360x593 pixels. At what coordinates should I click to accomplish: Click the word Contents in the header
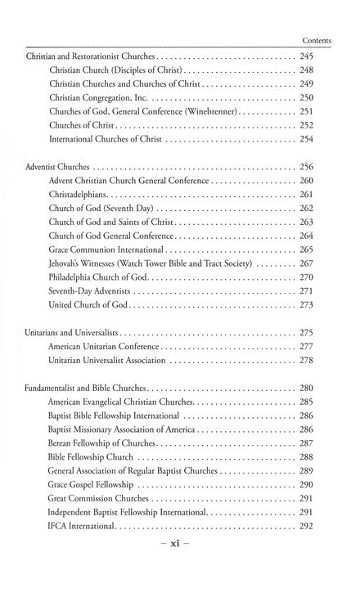pos(315,38)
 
